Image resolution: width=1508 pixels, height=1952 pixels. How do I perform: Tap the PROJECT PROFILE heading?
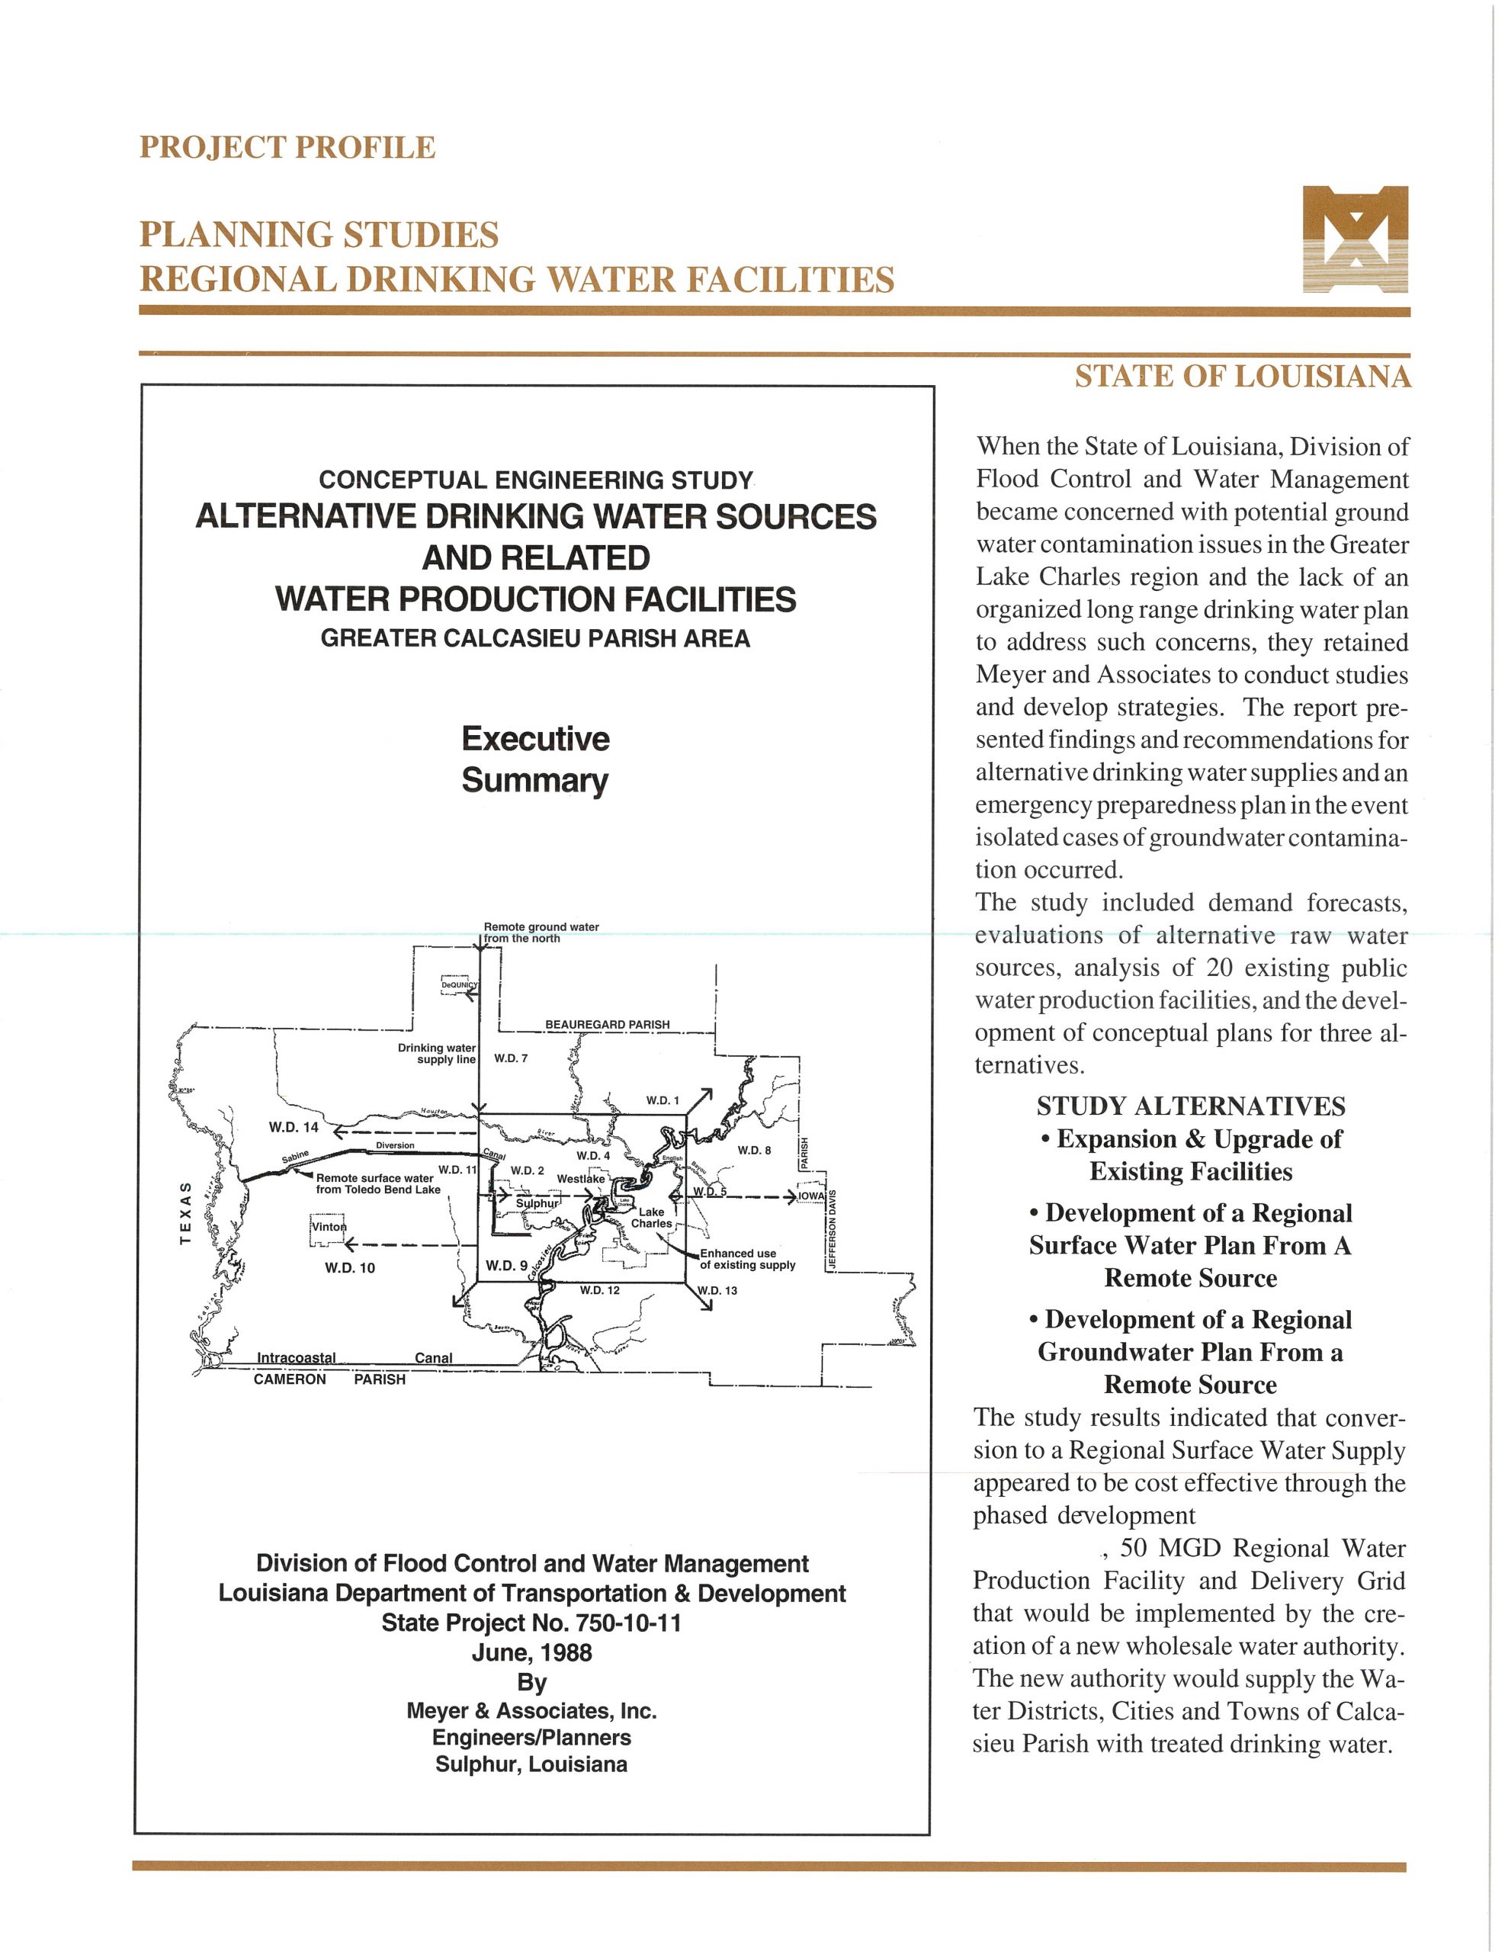[x=287, y=147]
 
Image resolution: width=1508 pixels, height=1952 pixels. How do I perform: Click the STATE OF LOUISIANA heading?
[x=1243, y=376]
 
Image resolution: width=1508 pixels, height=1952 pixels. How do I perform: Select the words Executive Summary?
[x=535, y=759]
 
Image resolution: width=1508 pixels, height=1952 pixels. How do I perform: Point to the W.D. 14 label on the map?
[x=294, y=1127]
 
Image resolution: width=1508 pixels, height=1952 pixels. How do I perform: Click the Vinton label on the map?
[x=328, y=1227]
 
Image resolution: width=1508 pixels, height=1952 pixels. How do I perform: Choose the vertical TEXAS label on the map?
[x=185, y=1213]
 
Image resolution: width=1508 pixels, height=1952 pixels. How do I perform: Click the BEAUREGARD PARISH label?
[x=607, y=1024]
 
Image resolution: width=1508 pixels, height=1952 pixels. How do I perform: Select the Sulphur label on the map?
[x=536, y=1203]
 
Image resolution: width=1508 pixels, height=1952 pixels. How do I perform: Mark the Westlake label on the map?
[x=581, y=1179]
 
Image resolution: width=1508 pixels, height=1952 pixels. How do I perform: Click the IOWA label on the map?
[x=810, y=1196]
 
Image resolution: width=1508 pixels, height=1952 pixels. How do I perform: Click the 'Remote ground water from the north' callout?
[x=541, y=933]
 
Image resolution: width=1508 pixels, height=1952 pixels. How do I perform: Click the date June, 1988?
[x=532, y=1652]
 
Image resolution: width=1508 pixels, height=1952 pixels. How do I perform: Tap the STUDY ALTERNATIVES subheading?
[x=1191, y=1106]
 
